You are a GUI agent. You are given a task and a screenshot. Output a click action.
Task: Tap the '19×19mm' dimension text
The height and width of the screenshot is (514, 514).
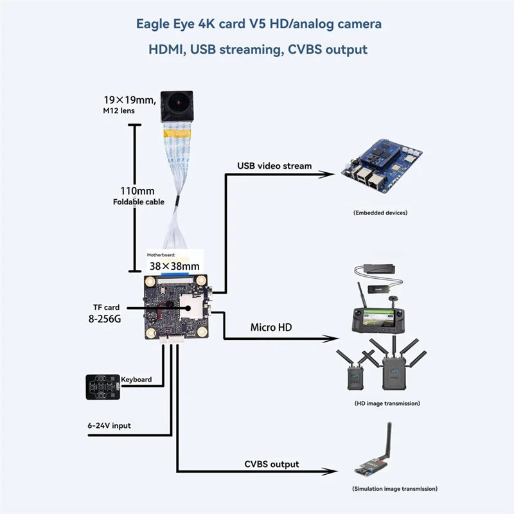coord(129,100)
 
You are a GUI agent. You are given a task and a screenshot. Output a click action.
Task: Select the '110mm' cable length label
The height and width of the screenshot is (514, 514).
coord(137,191)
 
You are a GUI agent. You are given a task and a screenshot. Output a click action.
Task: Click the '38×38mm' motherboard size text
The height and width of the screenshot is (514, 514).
coord(174,265)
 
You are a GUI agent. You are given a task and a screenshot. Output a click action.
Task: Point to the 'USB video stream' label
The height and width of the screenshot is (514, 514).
coord(274,166)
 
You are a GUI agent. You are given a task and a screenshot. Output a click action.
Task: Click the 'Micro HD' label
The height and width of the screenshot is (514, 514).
coord(270,328)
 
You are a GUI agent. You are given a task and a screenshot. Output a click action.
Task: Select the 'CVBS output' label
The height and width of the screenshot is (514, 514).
coord(272,464)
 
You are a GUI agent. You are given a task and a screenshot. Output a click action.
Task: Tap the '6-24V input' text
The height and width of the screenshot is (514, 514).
coord(109,425)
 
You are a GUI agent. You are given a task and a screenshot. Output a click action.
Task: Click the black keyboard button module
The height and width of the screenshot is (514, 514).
coord(103,387)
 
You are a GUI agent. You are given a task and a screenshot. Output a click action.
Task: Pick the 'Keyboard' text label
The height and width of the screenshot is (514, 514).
coord(137,380)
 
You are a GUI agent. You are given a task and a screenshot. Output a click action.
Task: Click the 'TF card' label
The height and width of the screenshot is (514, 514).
coord(106,307)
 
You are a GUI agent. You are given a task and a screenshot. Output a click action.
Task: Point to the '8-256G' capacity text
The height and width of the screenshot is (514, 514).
coord(104,319)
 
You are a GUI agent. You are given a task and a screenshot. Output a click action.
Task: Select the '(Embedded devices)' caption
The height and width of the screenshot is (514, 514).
coord(380,213)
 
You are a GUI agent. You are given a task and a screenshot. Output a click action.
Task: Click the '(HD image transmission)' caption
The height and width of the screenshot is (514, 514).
coord(387,403)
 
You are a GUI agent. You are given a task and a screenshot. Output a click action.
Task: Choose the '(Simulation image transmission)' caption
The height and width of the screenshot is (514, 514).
coord(395,490)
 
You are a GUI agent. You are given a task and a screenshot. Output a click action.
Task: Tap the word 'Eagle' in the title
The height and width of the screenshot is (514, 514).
coord(152,24)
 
